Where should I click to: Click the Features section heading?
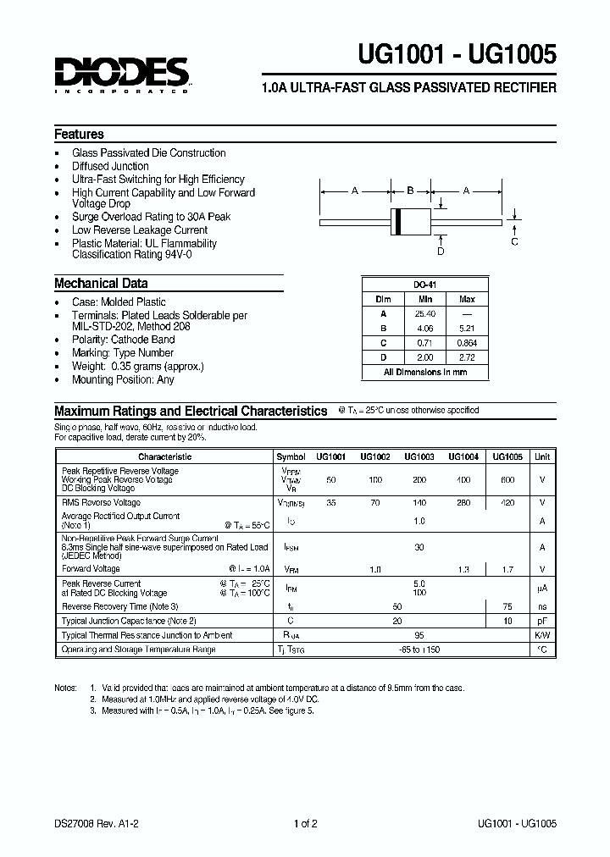[79, 135]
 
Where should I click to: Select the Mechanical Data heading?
[101, 284]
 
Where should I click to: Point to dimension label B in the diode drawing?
[410, 191]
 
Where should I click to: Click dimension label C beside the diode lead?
[514, 241]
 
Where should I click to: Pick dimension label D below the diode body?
[440, 251]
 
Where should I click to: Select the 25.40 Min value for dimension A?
[425, 312]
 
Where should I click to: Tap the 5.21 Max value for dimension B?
[467, 328]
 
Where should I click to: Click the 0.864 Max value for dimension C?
[467, 342]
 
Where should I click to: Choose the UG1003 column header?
[419, 456]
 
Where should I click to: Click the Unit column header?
[541, 456]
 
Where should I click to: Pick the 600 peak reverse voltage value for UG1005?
[507, 480]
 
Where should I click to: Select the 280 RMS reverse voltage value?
[463, 502]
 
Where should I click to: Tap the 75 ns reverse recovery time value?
[507, 606]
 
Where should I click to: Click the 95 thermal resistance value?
[419, 635]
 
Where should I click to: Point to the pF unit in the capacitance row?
[541, 621]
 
